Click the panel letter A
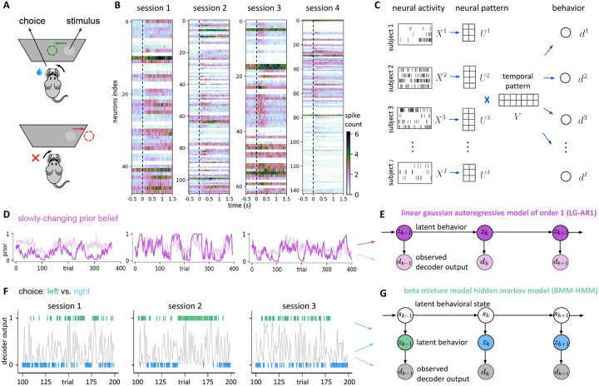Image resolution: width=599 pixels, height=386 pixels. tap(7, 6)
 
